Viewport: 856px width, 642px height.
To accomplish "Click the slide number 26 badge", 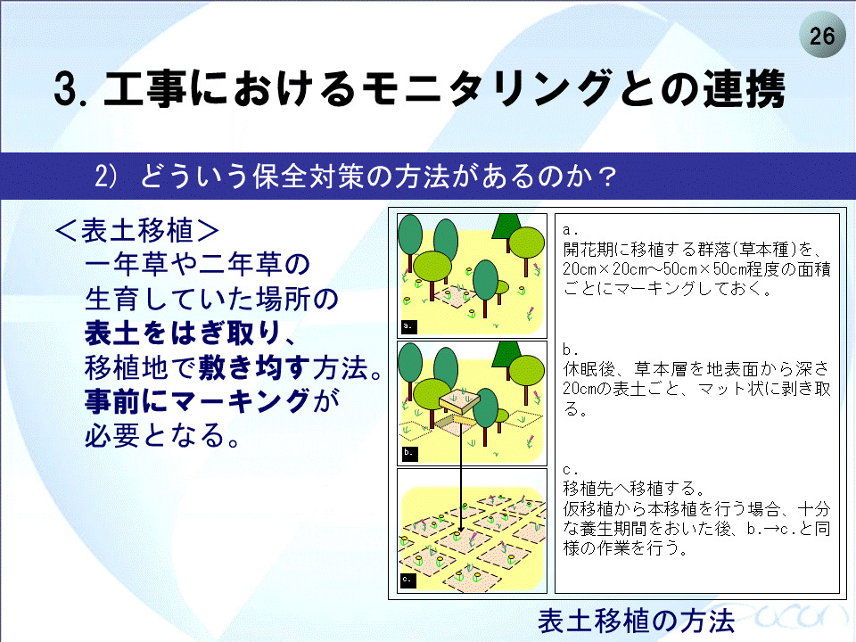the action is (822, 36).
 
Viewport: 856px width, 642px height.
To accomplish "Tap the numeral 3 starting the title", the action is (65, 89).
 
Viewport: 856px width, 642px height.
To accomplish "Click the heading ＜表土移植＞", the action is (137, 230).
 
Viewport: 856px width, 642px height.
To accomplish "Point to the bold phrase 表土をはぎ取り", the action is (182, 333).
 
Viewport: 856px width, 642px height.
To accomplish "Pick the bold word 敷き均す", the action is (254, 366).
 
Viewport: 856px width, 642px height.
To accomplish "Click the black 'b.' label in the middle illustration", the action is (409, 453).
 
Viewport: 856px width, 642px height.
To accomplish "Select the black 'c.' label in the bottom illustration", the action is (407, 580).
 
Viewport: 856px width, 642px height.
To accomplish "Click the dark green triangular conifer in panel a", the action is (507, 226).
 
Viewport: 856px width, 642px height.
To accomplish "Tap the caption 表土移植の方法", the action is (637, 621).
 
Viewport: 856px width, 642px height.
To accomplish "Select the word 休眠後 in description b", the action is (589, 369).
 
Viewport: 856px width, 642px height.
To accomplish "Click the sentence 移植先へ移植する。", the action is (634, 488).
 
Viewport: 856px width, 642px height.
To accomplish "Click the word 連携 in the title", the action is (744, 88).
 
